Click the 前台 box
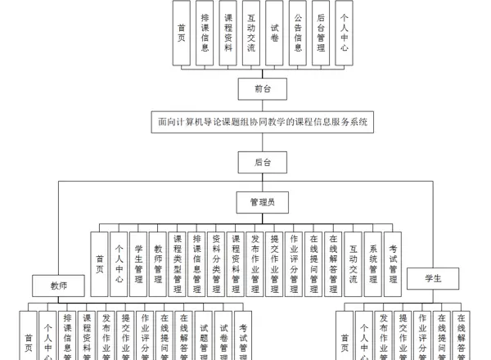click(263, 88)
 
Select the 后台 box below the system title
click(263, 161)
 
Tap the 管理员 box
click(263, 201)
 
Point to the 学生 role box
click(433, 278)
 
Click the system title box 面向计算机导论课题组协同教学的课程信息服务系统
click(263, 123)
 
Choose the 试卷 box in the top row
click(275, 33)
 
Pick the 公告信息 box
click(298, 33)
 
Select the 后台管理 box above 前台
click(321, 33)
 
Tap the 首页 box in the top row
click(181, 33)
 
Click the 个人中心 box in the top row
click(344, 33)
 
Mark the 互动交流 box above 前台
click(251, 33)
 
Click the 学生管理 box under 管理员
click(138, 263)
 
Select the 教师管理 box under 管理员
click(158, 263)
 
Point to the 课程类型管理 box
click(178, 263)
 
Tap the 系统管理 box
click(373, 263)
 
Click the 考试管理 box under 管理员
click(393, 263)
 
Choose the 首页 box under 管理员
click(99, 263)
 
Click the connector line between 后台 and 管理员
click(263, 182)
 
